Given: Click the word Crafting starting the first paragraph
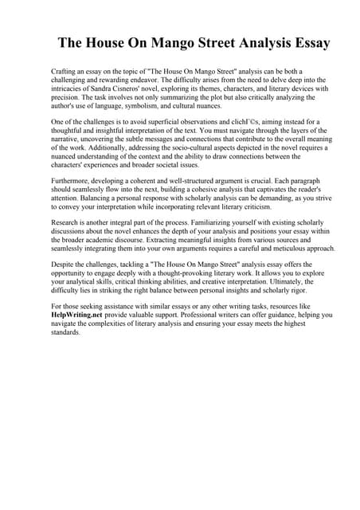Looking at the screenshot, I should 65,72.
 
